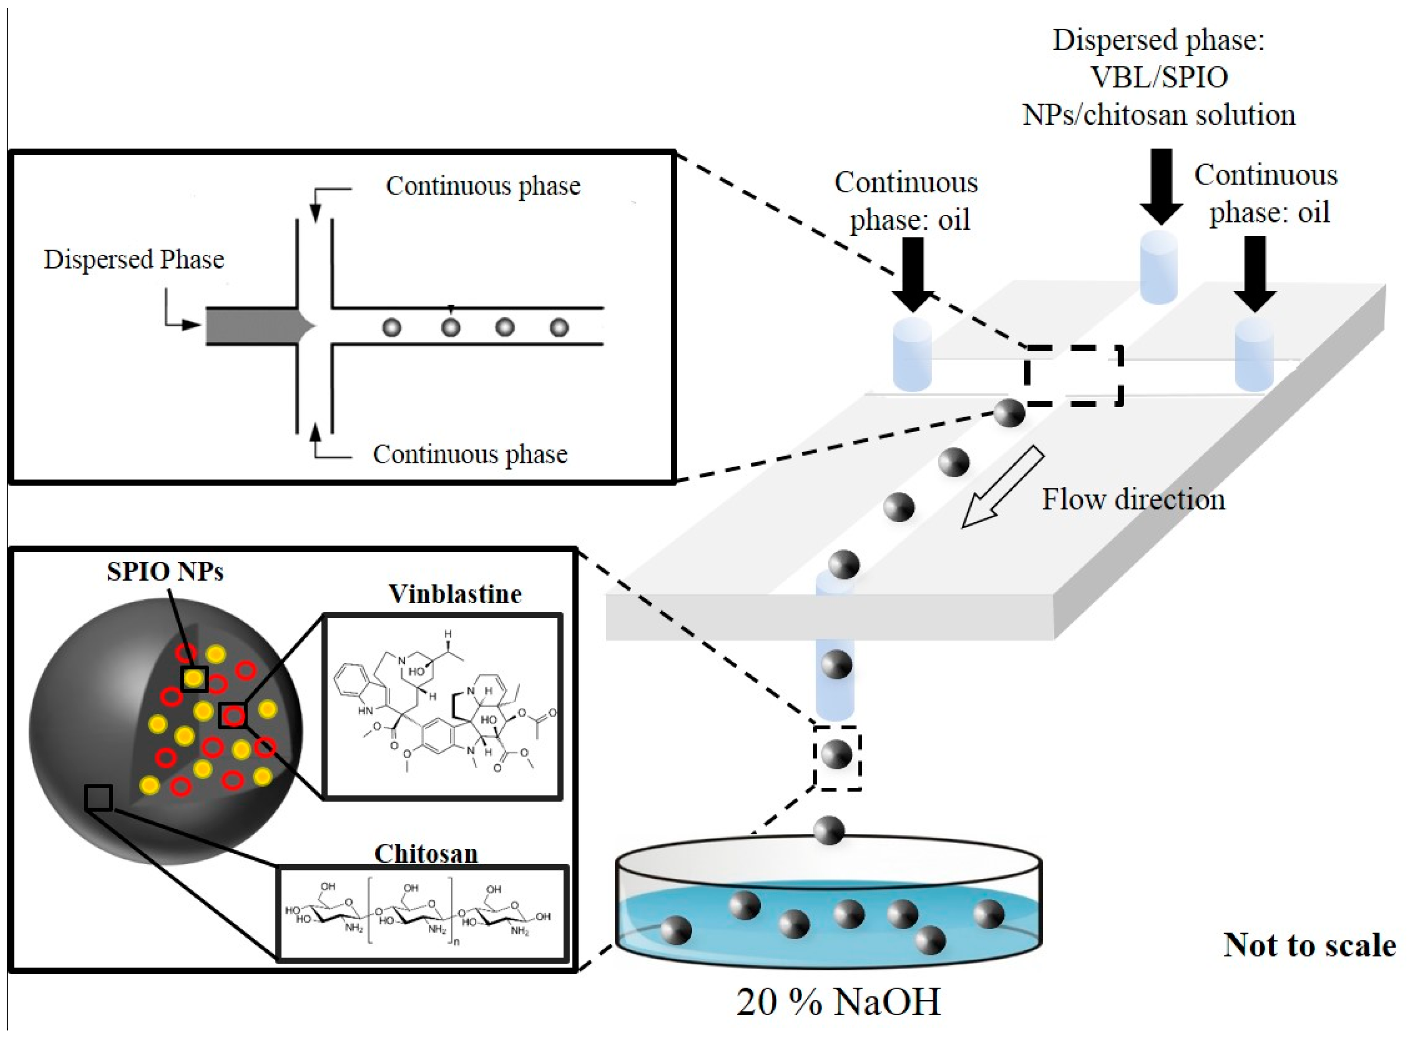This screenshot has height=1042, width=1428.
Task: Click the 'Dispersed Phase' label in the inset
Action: pos(134,259)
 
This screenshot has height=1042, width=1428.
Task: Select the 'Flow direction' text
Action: pos(1133,499)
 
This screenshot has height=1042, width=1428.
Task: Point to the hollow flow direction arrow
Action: pos(1002,487)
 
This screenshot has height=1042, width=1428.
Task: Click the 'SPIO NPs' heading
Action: pos(165,571)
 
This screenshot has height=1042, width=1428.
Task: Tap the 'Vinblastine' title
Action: pos(455,594)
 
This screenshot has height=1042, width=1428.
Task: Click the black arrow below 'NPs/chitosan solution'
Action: pos(1161,186)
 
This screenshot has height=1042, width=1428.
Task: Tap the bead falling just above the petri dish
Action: pos(829,830)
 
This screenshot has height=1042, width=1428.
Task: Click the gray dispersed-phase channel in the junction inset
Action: pos(252,326)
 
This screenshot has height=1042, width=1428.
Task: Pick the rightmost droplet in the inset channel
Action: pos(559,327)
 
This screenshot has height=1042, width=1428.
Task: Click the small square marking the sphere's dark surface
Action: pos(99,798)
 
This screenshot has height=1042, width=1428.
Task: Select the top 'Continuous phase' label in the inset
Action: pos(483,186)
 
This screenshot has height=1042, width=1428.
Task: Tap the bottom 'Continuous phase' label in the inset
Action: pos(470,454)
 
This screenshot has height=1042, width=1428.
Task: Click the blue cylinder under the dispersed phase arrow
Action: pos(1159,267)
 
